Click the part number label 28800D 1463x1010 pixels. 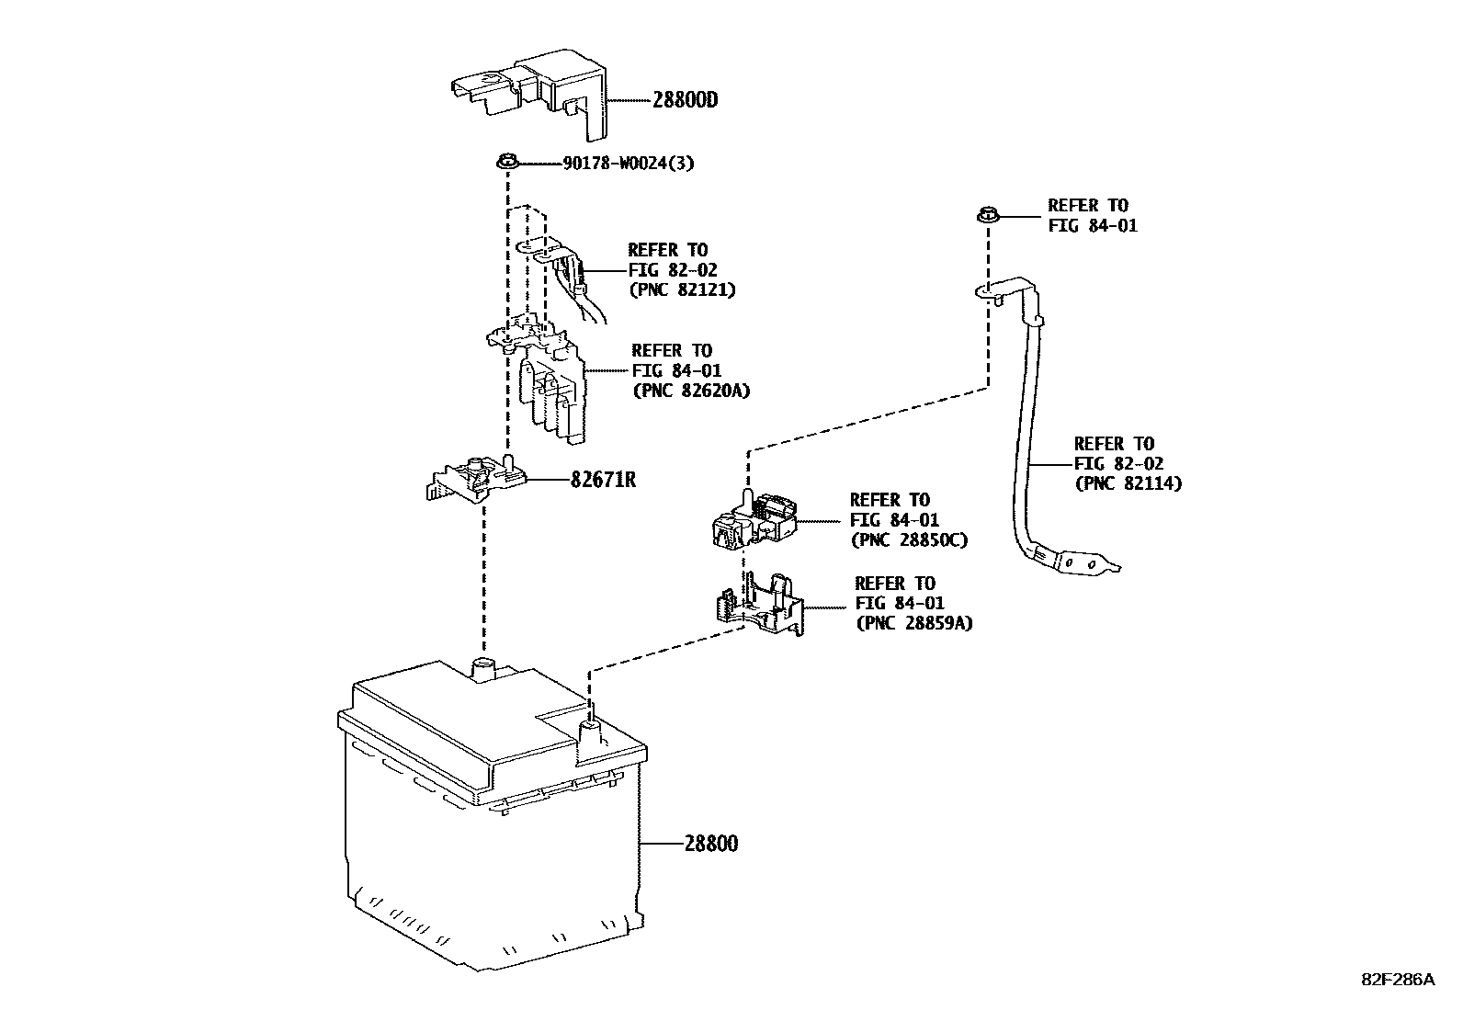coord(685,100)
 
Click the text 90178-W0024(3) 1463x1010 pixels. coord(628,165)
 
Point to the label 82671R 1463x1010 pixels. coord(603,480)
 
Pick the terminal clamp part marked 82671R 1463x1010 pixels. coord(477,478)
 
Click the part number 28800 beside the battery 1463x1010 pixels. coord(710,843)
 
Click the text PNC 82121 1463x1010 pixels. coord(682,289)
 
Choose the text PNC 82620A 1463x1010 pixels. coord(690,391)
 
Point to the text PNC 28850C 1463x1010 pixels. coord(909,540)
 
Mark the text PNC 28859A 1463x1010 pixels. coord(913,623)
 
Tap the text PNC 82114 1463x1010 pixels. coord(1128,483)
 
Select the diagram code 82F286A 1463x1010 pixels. coord(1397,980)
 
